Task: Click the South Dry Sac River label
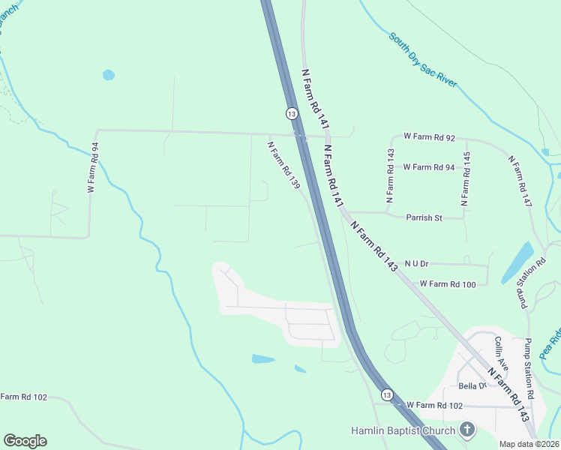[422, 60]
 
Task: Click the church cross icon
[467, 430]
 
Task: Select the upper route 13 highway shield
[291, 112]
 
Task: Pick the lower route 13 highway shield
[386, 394]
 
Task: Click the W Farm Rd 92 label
[429, 137]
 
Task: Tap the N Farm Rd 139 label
[284, 164]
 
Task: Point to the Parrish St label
[425, 218]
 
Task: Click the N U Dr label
[416, 263]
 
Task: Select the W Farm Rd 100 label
[448, 284]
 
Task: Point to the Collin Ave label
[501, 352]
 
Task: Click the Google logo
[25, 441]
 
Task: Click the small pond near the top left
[109, 75]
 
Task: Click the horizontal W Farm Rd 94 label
[428, 167]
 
